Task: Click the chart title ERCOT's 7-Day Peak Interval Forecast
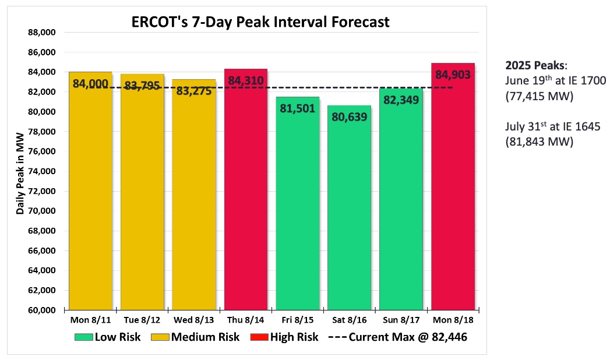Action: click(x=260, y=23)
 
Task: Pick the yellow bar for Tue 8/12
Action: click(x=142, y=198)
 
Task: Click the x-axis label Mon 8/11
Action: click(x=90, y=320)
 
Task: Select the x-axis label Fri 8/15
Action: click(x=297, y=320)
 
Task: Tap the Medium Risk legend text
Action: click(x=205, y=337)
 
